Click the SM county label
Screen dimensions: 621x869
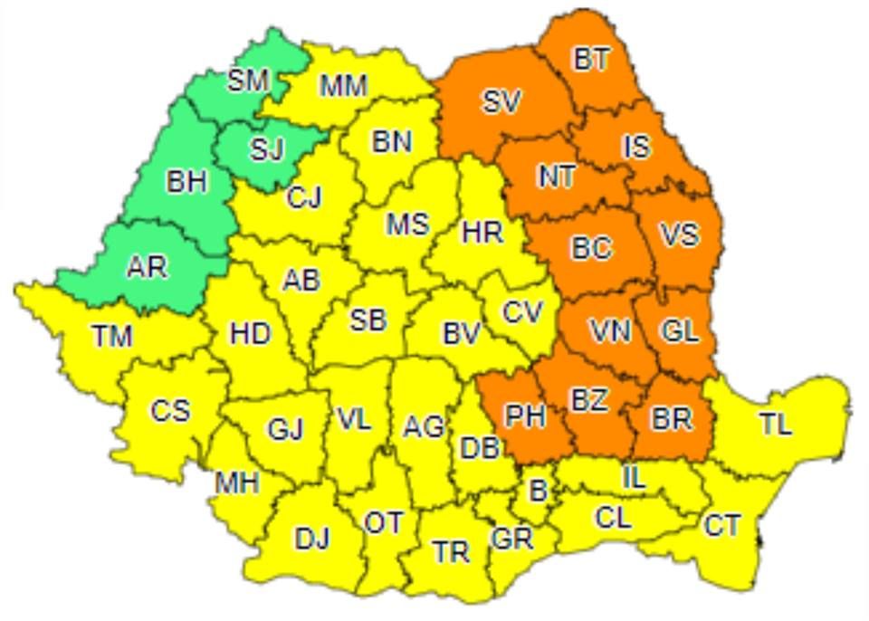pyautogui.click(x=248, y=81)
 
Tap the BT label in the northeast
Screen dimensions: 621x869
pyautogui.click(x=591, y=59)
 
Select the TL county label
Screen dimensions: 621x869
pyautogui.click(x=776, y=424)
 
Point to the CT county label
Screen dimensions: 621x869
pyautogui.click(x=721, y=524)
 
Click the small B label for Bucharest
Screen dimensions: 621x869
pyautogui.click(x=538, y=492)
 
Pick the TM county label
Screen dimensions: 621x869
pyautogui.click(x=112, y=337)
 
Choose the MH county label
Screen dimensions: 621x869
pyautogui.click(x=237, y=482)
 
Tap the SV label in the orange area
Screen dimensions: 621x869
pyautogui.click(x=501, y=102)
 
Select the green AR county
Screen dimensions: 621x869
pyautogui.click(x=147, y=268)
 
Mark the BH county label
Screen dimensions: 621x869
pyautogui.click(x=186, y=182)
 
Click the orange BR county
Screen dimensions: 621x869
pyautogui.click(x=672, y=418)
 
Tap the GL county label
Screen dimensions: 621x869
pyautogui.click(x=680, y=331)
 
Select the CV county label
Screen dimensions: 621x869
pyautogui.click(x=522, y=312)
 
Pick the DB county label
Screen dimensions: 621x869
pyautogui.click(x=479, y=446)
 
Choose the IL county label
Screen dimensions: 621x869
pyautogui.click(x=635, y=477)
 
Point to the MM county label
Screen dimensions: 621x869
pyautogui.click(x=344, y=86)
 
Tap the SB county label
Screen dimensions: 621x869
pyautogui.click(x=368, y=319)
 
